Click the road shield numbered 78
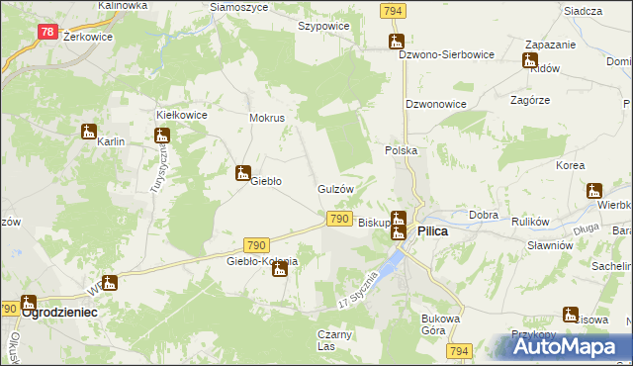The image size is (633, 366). (x=47, y=32)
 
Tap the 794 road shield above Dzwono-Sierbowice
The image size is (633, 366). (x=392, y=10)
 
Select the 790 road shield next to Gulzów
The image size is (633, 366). (x=338, y=218)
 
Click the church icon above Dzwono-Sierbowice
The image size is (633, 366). (x=397, y=42)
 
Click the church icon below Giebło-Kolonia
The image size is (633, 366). (x=280, y=268)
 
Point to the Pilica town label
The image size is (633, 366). (x=432, y=230)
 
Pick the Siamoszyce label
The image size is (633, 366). (x=238, y=7)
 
